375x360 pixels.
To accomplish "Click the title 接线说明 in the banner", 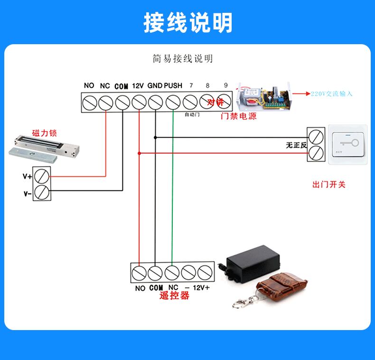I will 188,22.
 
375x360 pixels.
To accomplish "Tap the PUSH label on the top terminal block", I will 173,86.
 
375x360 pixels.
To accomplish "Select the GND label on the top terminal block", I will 155,86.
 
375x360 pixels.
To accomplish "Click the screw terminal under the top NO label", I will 89,102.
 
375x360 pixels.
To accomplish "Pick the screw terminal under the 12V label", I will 138,102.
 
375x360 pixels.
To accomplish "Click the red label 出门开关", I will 328,184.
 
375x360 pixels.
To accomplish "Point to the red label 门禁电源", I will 239,115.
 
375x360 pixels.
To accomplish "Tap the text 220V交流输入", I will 332,94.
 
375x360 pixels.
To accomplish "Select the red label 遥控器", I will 174,296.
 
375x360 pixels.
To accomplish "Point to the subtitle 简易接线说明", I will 183,59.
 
